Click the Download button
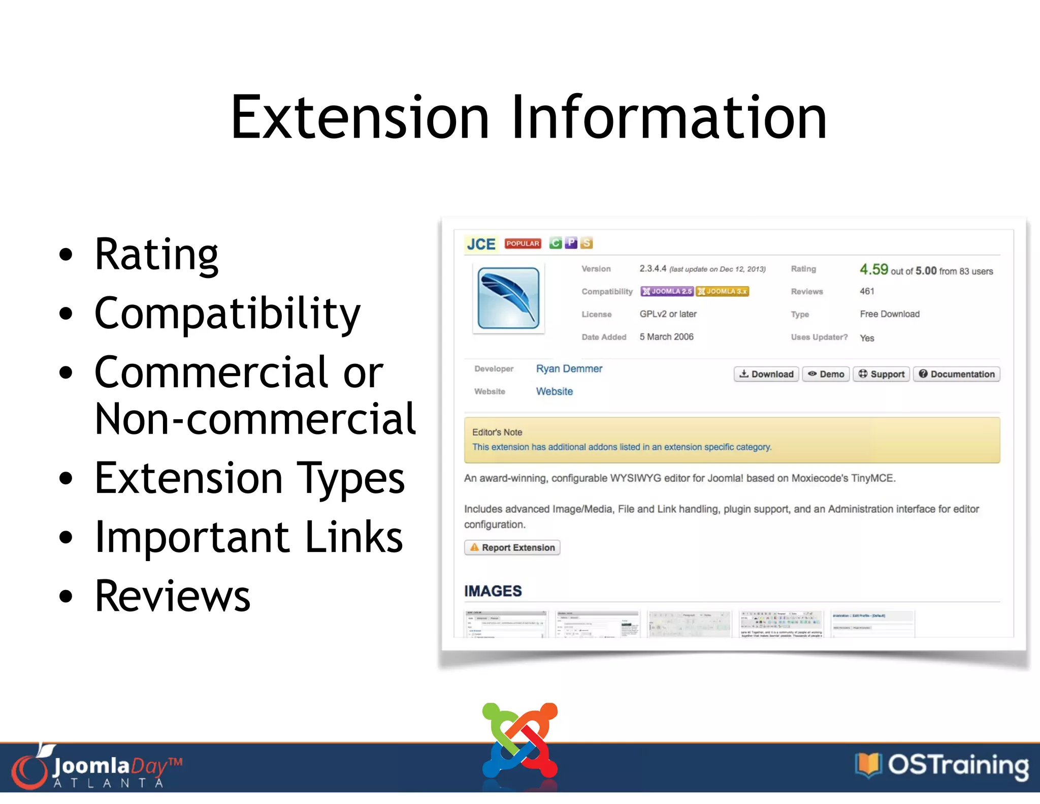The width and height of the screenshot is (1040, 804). pyautogui.click(x=766, y=374)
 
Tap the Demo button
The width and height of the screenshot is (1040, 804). pyautogui.click(x=826, y=374)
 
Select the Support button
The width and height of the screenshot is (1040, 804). pyautogui.click(x=882, y=374)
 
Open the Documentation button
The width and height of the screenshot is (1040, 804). pyautogui.click(x=957, y=374)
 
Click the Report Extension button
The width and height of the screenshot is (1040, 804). pyautogui.click(x=512, y=547)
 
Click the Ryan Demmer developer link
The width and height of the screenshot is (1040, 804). pyautogui.click(x=569, y=368)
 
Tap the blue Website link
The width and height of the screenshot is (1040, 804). pyautogui.click(x=554, y=391)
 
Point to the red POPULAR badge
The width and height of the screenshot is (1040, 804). pyautogui.click(x=523, y=243)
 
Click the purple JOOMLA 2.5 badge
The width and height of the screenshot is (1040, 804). pyautogui.click(x=667, y=291)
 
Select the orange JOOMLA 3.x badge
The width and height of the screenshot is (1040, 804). pyautogui.click(x=722, y=291)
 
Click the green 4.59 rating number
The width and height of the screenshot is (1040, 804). pyautogui.click(x=873, y=269)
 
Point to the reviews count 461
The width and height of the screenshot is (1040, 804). pyautogui.click(x=867, y=291)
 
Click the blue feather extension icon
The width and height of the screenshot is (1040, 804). pyautogui.click(x=508, y=298)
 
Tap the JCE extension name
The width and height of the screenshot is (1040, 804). pyautogui.click(x=481, y=244)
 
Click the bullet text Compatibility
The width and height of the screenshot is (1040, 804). pyautogui.click(x=227, y=313)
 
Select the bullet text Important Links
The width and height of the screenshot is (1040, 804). pyautogui.click(x=249, y=537)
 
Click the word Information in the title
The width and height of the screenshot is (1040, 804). pyautogui.click(x=669, y=117)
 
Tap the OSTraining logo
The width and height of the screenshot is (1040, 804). pyautogui.click(x=942, y=765)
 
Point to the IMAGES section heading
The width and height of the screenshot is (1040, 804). pyautogui.click(x=493, y=591)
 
